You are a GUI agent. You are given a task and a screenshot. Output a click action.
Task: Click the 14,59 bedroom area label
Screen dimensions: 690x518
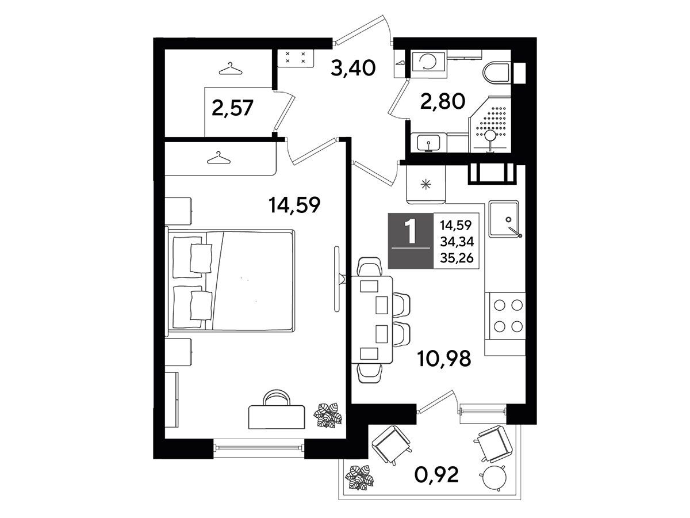pos(294,205)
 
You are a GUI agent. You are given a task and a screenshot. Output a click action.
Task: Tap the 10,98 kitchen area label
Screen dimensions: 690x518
pos(444,359)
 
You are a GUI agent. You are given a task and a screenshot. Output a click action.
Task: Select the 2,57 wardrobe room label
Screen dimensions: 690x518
pos(232,108)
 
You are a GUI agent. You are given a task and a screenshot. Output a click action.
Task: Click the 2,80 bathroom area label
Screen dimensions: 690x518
pos(443,101)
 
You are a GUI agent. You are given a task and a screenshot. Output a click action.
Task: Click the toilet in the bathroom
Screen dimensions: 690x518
pos(496,73)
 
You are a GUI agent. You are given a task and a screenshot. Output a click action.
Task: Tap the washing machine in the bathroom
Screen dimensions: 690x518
pos(429,65)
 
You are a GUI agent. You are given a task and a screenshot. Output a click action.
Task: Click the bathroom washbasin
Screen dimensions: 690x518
pos(428,142)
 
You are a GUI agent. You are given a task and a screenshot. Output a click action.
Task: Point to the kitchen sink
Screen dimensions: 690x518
pos(504,219)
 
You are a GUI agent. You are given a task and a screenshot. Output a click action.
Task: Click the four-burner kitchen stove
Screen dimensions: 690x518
pos(505,316)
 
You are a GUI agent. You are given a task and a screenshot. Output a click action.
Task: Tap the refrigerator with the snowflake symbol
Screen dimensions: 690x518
pos(425,185)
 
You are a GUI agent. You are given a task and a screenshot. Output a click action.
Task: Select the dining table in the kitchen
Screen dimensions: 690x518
pos(373,319)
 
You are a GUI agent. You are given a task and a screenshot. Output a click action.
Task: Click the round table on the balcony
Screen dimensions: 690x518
pos(493,478)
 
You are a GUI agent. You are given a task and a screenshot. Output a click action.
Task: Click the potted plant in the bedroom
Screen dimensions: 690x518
pos(327,415)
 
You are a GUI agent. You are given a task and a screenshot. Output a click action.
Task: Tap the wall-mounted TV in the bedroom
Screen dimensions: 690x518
pos(338,279)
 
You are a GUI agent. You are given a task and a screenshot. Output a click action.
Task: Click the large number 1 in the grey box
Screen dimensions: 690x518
pos(410,231)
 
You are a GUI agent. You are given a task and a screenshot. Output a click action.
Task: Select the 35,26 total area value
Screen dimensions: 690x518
pos(457,258)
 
